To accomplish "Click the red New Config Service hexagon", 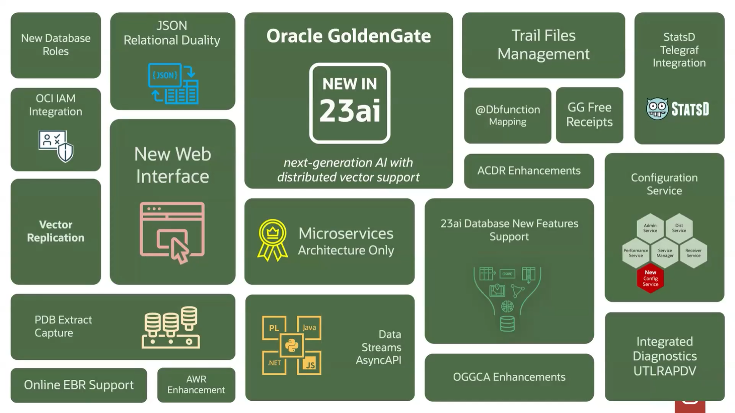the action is coord(650,278).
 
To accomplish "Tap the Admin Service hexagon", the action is coord(650,228).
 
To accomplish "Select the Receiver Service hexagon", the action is coord(693,253).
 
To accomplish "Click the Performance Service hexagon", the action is coord(635,253).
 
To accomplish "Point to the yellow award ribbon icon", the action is coord(272,240).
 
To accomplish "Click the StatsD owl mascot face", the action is coord(657,109).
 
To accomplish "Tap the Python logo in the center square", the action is coord(291,345).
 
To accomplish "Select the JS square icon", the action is coord(309,363).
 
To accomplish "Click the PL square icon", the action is coord(274,328).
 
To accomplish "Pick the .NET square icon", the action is coord(274,363).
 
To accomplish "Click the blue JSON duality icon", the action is coord(173,84).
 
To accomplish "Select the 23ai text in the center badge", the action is coord(350,111).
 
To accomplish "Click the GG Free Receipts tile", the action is coord(589,115).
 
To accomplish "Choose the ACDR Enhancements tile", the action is coord(529,171).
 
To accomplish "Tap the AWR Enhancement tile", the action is coord(196,385).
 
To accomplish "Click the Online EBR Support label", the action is coord(79,385).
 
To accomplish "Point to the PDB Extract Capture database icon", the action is coord(170,327).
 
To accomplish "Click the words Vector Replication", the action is coord(55,231).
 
